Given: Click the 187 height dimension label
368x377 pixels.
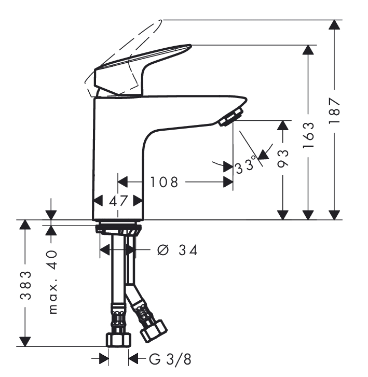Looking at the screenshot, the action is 335,110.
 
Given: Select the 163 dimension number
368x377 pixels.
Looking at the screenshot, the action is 308,135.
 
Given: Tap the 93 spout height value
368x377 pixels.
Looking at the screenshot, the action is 283,158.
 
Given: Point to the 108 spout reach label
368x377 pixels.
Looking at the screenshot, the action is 164,182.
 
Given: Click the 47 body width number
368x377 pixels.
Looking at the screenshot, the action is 118,201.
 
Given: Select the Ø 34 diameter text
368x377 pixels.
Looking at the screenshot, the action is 178,250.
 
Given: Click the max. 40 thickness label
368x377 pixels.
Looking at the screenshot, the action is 53,282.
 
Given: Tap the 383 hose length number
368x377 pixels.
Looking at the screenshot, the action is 26,285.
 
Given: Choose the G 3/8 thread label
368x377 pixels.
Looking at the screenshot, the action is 170,360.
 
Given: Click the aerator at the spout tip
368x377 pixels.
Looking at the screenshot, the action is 231,117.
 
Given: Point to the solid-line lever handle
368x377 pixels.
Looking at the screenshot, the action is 143,69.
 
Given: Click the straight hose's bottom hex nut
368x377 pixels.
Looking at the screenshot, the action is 119,340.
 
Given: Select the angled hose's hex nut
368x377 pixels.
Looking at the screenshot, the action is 154,331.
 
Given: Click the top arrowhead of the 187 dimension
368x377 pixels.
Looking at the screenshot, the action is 334,24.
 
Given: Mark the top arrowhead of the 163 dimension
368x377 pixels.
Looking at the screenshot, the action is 308,50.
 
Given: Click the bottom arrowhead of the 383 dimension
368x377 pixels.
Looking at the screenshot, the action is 25,342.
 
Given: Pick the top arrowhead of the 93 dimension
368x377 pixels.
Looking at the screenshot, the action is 283,125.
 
